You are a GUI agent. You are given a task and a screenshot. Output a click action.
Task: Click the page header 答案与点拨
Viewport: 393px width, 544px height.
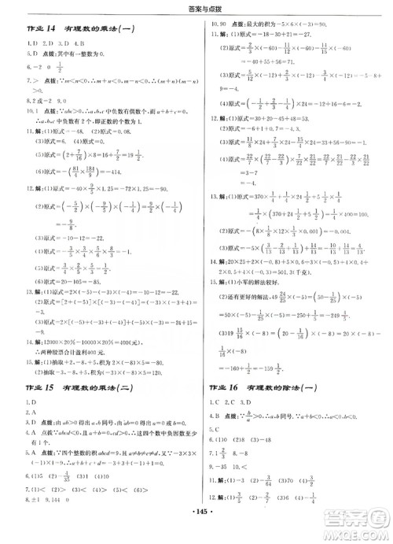click(196, 9)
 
